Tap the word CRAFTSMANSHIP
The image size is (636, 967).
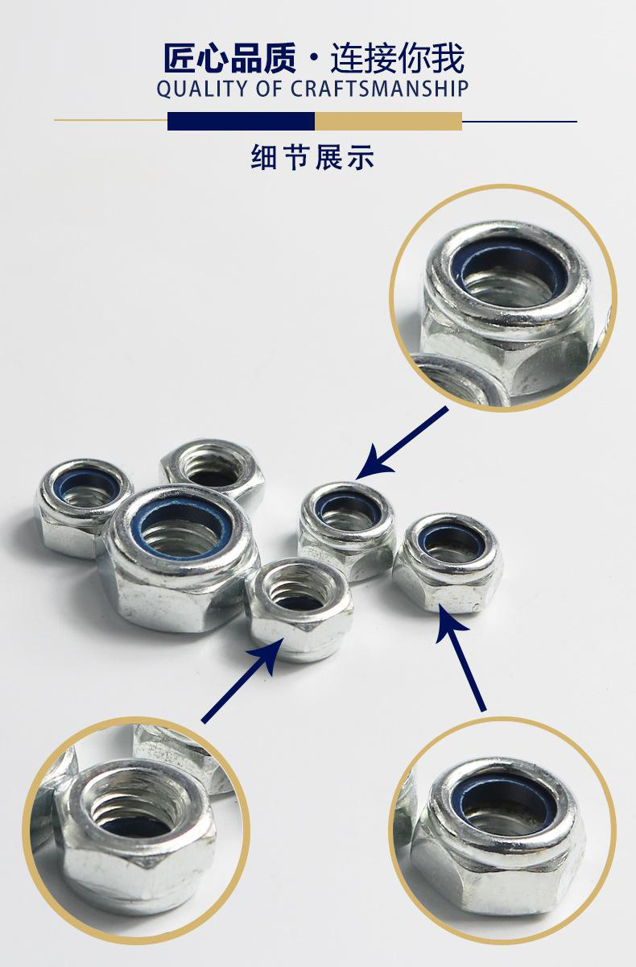pos(379,89)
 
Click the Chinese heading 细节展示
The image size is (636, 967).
pos(312,157)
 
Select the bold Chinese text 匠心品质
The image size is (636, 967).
pos(230,57)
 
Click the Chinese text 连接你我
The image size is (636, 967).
pos(397,57)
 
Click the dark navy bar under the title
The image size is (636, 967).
pos(241,121)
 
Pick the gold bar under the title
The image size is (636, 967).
pos(389,121)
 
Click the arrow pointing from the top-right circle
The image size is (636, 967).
pos(402,443)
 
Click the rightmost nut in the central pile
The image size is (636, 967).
pos(448,562)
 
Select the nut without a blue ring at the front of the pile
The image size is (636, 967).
pos(299,608)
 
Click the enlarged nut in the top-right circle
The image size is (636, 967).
pos(506,311)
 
